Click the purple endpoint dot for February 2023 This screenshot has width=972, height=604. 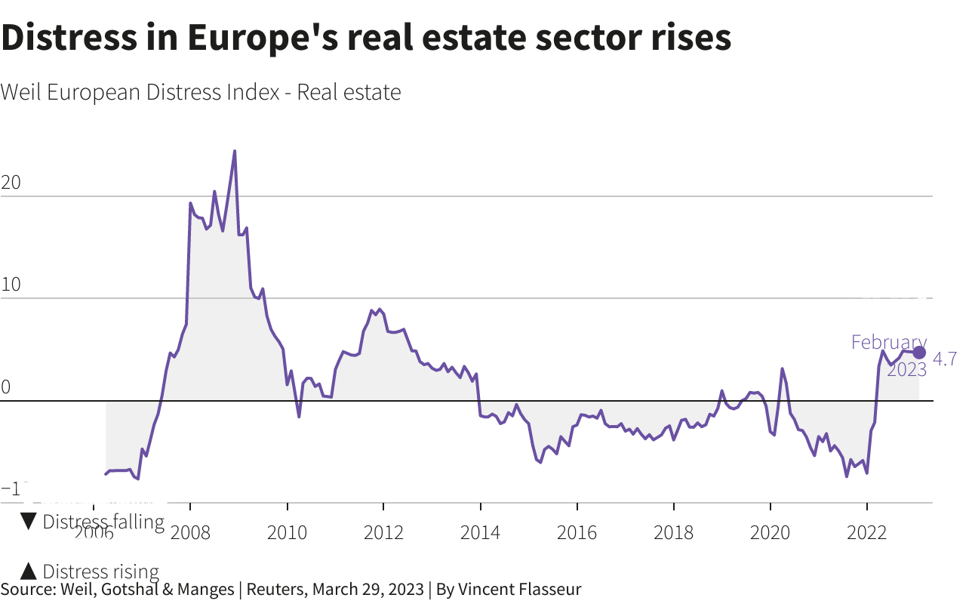pos(919,353)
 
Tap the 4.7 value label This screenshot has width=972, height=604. pos(946,359)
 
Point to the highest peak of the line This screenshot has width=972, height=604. pos(235,151)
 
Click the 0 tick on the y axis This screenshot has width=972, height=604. pos(6,388)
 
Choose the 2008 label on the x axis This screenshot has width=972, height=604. pos(191,532)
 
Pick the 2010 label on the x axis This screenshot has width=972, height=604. pos(288,532)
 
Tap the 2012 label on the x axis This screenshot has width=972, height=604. pos(384,532)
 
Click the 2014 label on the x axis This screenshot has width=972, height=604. pos(481,532)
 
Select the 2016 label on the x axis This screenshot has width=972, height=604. pos(577,532)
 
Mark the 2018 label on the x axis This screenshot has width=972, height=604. pos(674,532)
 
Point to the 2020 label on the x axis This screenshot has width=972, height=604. pos(771,532)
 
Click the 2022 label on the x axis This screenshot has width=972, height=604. pos(867,532)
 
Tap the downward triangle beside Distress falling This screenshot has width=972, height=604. pos(29,522)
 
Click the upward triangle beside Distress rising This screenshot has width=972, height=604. pos(29,572)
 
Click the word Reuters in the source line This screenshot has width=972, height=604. pos(275,590)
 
